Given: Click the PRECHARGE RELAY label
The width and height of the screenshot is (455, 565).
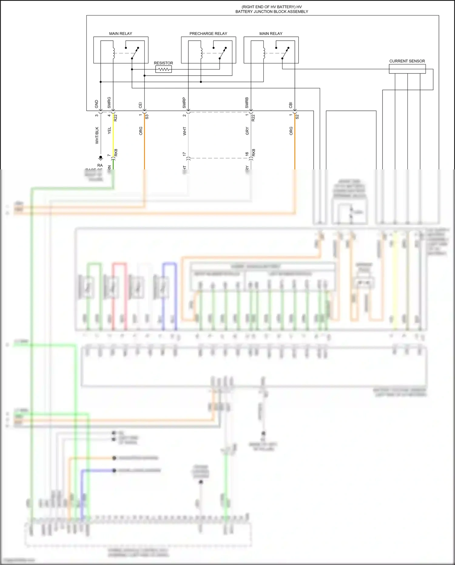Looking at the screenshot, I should (x=208, y=34).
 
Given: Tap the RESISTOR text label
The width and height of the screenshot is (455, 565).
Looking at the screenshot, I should (x=163, y=63).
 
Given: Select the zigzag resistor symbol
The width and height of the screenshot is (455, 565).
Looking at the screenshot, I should (x=163, y=70).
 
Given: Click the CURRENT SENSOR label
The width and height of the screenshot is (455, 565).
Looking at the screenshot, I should (x=407, y=61).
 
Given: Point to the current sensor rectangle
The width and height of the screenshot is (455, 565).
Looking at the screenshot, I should (x=407, y=69).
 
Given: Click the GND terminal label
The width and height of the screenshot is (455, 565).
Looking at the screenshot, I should (x=97, y=104).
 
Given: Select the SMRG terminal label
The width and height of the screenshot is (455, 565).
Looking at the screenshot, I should (x=109, y=103).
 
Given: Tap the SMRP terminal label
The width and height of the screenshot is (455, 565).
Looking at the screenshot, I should (x=184, y=103).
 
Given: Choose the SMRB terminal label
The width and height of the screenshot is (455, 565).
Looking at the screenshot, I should (x=247, y=103).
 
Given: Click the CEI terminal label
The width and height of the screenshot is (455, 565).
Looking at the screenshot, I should (x=140, y=105).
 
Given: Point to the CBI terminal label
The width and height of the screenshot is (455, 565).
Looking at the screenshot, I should (x=291, y=105).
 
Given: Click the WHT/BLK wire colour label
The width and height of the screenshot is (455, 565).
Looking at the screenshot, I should (x=97, y=135).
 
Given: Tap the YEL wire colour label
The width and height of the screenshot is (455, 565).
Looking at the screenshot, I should (x=110, y=131).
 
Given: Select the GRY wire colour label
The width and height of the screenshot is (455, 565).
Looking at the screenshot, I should (x=247, y=131).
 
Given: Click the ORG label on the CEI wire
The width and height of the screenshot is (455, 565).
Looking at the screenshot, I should (x=141, y=131).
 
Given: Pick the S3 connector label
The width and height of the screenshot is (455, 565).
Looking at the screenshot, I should (x=147, y=116).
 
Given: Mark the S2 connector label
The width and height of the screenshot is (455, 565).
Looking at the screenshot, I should (x=297, y=116).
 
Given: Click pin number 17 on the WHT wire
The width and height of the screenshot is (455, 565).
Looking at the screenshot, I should (x=184, y=154).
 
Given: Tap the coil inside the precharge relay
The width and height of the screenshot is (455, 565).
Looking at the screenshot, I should (x=201, y=53).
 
